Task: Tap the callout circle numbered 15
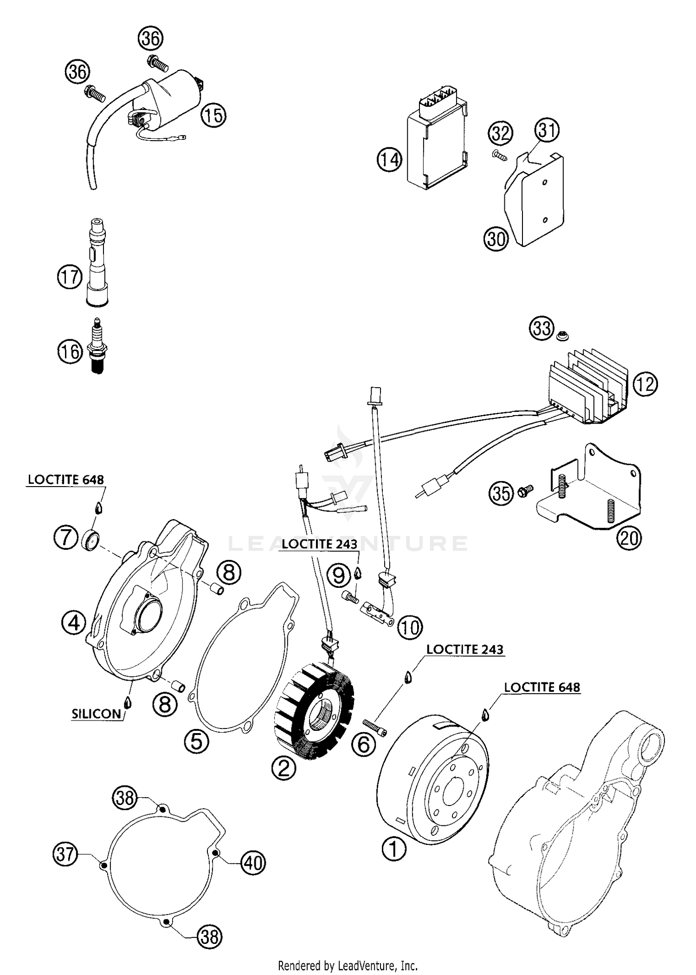[213, 115]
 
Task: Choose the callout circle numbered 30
[496, 239]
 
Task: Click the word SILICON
[96, 714]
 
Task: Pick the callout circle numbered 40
[253, 863]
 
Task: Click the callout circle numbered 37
[65, 853]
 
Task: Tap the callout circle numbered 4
[74, 623]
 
